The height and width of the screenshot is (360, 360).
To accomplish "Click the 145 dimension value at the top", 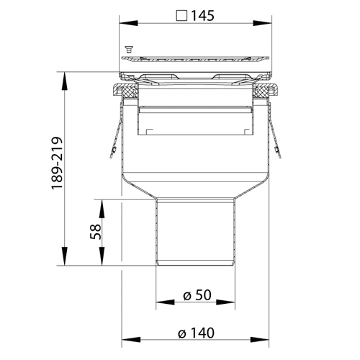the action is [x=202, y=16].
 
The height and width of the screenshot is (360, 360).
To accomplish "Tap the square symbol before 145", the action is [x=181, y=16].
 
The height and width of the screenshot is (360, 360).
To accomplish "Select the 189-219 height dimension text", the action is [x=57, y=163].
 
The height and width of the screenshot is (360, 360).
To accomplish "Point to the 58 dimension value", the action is [x=96, y=232].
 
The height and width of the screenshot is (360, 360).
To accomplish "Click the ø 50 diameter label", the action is [x=197, y=295].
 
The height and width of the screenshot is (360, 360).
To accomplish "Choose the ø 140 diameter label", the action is [x=196, y=333].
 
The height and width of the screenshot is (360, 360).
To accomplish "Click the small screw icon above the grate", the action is [x=129, y=49].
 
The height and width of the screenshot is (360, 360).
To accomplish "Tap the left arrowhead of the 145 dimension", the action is [x=129, y=23].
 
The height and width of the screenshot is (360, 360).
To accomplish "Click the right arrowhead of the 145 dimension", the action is [x=262, y=23].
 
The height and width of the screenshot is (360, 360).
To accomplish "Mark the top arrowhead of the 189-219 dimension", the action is [x=64, y=81].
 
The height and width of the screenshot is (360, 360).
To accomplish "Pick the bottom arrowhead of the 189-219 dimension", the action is [x=64, y=256].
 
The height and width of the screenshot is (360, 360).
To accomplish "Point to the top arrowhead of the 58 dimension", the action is [x=102, y=209].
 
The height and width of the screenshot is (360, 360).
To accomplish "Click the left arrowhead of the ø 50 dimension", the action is [x=165, y=302].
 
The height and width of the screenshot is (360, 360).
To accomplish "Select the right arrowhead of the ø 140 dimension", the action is [x=260, y=340].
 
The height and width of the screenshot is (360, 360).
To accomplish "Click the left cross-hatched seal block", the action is [x=130, y=91].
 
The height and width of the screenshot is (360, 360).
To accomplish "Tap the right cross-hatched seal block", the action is [x=261, y=91].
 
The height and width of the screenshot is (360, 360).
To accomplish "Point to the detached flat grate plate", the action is [x=195, y=59].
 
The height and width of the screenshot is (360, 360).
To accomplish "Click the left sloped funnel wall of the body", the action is [x=139, y=186].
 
